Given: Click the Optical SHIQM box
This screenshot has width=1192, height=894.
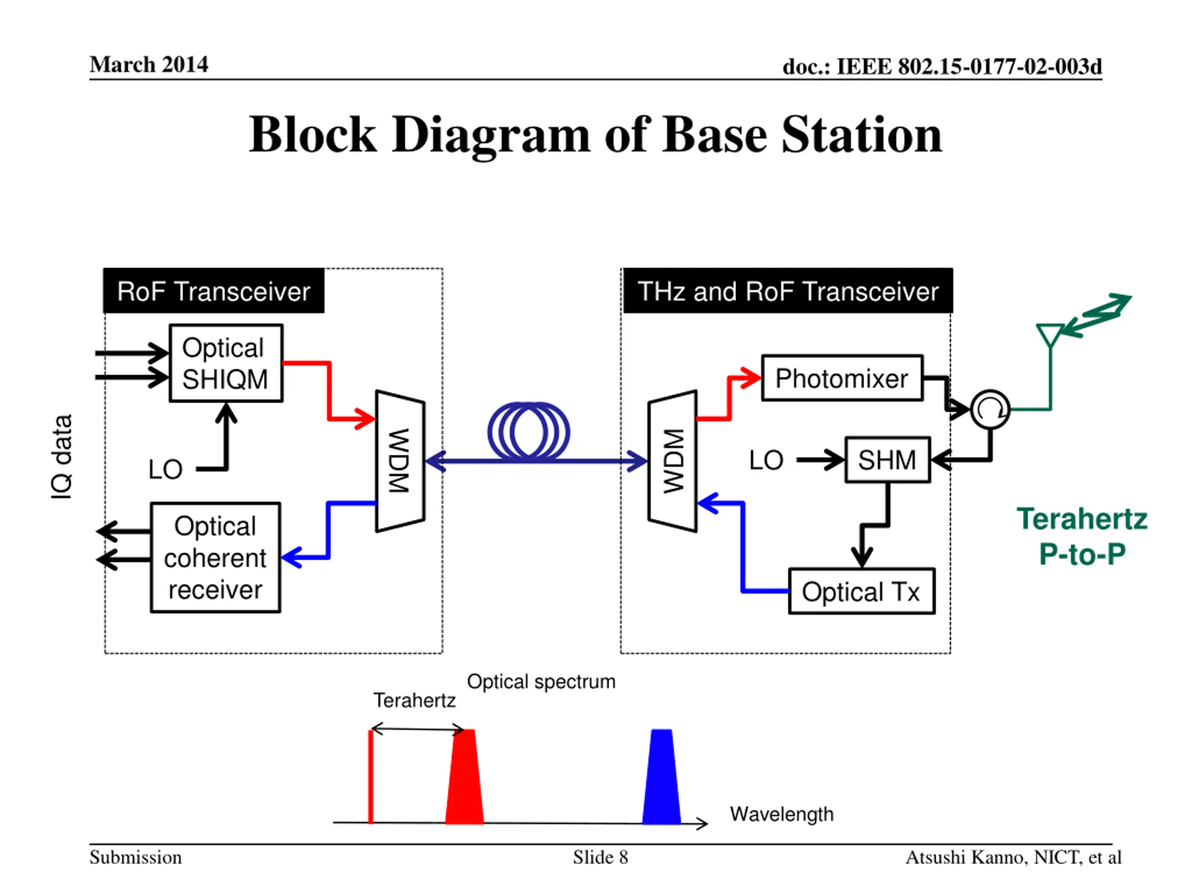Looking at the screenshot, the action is pos(226,363).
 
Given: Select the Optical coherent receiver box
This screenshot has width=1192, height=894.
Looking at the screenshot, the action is pos(216,557).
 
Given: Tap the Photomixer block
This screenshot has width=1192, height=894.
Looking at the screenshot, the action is pos(842,378).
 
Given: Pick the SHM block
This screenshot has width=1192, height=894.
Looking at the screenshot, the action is pos(887,460).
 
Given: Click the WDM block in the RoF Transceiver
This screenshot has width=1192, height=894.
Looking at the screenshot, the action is pos(400,461).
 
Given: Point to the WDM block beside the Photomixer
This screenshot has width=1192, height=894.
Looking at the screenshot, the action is pos(672,461).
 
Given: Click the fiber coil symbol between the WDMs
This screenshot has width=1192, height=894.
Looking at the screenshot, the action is pos(528,432).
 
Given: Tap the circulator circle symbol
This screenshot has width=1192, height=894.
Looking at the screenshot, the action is pos(990,410).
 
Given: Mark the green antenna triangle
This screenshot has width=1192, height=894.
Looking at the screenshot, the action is pos(1050,334).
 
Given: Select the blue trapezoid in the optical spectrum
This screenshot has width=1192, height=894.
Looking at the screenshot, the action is pos(661,777).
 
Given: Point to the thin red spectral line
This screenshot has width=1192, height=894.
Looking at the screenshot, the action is pos(371,777).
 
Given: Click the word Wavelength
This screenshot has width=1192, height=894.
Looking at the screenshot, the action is pos(781,814).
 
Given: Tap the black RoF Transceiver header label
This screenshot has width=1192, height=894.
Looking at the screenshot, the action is pos(213,291).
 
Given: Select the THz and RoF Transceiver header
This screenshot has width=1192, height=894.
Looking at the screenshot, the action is pos(788,291).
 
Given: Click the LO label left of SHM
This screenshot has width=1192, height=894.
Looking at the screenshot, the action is pos(766,460).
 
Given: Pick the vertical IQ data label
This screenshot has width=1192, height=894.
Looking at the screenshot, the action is pos(61,457).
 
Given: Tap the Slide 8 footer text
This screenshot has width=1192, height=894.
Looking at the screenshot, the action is pos(600,857).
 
